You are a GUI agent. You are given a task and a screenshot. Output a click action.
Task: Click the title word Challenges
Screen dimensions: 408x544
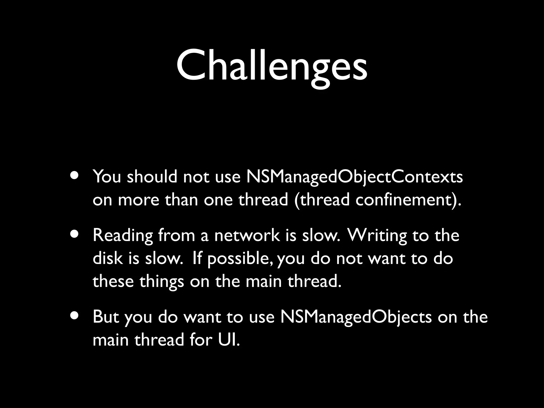point(271,66)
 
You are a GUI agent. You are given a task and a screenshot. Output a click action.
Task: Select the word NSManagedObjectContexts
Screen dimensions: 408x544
point(354,177)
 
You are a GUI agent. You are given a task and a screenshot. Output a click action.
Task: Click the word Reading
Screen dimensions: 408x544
point(123,236)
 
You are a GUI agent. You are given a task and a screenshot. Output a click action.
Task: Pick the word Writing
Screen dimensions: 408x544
point(377,236)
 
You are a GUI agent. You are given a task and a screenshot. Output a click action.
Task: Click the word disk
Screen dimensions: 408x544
point(107,258)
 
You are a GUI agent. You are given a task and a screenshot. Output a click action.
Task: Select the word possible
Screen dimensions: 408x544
point(240,259)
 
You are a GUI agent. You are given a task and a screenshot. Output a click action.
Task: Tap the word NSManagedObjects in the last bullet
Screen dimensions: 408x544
point(356,317)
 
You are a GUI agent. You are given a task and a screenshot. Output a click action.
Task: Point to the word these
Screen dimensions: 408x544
point(113,281)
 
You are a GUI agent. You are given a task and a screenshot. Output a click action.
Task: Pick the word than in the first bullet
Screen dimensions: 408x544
point(181,200)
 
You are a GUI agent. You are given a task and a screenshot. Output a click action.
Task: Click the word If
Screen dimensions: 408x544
point(196,258)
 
